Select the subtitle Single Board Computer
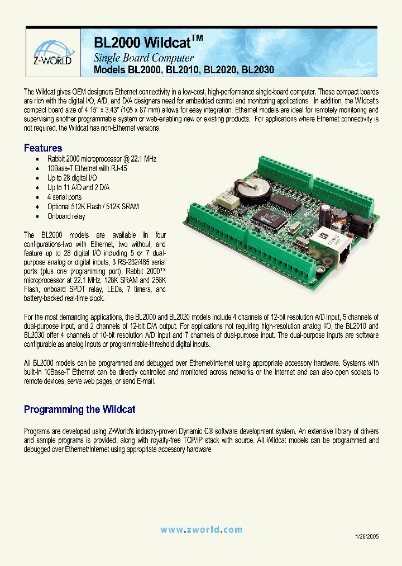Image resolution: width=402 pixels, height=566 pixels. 143,58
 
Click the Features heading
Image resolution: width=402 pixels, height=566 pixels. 43,148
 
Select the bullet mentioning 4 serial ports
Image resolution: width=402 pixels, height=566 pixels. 64,197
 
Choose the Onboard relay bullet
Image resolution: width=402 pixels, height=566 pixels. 66,216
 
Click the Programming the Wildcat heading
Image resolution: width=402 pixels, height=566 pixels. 79,409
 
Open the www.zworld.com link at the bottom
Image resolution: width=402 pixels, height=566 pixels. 201,530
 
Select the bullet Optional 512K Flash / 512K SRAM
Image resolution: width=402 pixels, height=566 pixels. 93,206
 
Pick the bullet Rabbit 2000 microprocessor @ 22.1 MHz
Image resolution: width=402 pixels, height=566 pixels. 102,159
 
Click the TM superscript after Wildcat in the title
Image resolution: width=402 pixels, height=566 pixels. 198,38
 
